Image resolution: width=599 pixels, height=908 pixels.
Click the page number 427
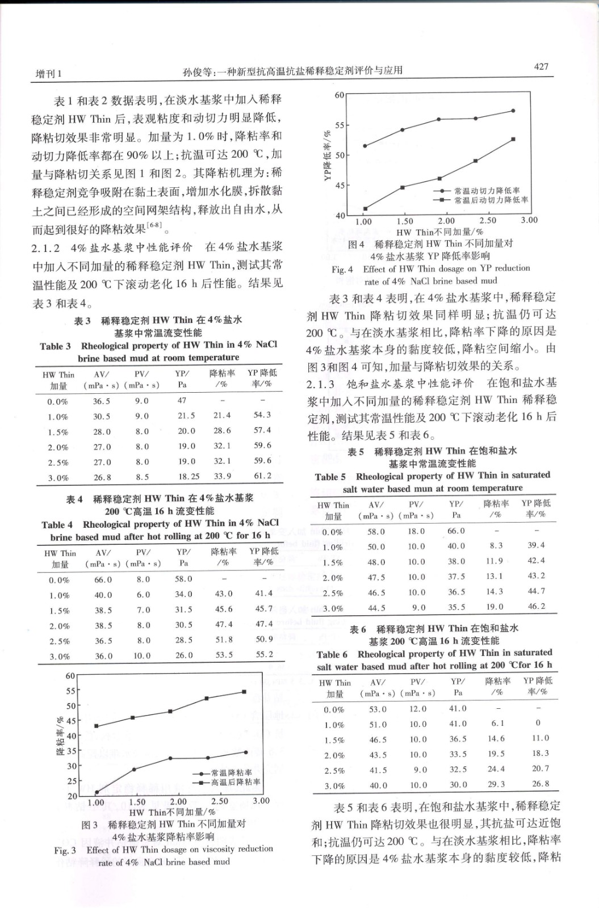541,66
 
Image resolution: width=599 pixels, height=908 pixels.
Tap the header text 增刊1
49,73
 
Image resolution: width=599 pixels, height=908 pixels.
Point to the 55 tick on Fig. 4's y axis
338,125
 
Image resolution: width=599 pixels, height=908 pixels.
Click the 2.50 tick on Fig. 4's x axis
488,221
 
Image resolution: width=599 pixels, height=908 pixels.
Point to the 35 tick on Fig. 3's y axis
71,751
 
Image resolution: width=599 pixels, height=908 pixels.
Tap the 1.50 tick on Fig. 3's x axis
137,802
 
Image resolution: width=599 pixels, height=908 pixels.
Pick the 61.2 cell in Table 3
262,476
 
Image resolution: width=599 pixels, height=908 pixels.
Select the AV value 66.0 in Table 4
103,579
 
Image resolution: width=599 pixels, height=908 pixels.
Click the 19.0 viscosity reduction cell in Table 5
494,607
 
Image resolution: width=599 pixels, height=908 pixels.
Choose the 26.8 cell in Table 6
540,784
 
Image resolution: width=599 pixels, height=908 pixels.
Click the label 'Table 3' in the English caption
55,346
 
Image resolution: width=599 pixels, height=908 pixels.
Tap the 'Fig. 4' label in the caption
342,269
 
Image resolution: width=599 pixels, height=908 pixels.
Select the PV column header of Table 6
417,687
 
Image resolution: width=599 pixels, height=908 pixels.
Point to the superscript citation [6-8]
154,226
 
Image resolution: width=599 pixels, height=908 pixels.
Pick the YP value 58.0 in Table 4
183,579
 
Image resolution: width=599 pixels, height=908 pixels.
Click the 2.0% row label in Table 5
333,578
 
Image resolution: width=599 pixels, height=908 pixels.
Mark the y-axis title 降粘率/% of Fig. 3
60,737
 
